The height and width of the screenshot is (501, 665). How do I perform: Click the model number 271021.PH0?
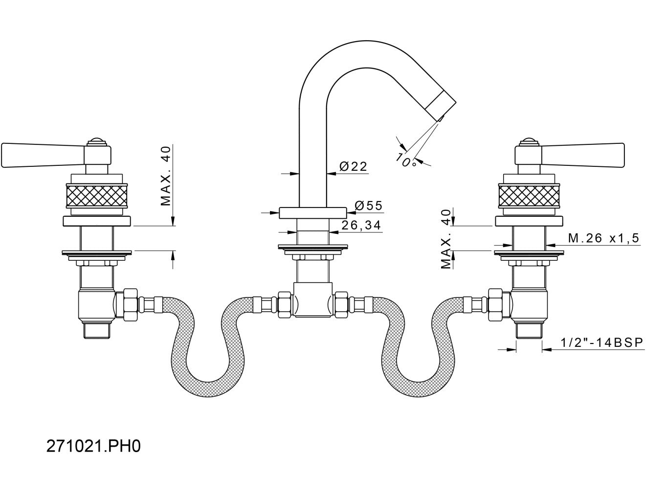93,446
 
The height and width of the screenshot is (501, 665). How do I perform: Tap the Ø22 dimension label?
353,166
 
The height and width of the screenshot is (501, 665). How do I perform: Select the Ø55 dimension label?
368,206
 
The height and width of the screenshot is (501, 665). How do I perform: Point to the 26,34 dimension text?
361,225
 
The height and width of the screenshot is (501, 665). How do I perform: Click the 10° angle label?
405,159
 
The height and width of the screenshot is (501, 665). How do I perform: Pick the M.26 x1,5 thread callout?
603,238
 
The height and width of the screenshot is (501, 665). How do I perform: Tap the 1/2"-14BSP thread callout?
602,342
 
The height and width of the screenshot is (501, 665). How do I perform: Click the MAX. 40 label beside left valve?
166,176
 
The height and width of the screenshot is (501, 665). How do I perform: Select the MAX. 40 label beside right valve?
446,239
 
